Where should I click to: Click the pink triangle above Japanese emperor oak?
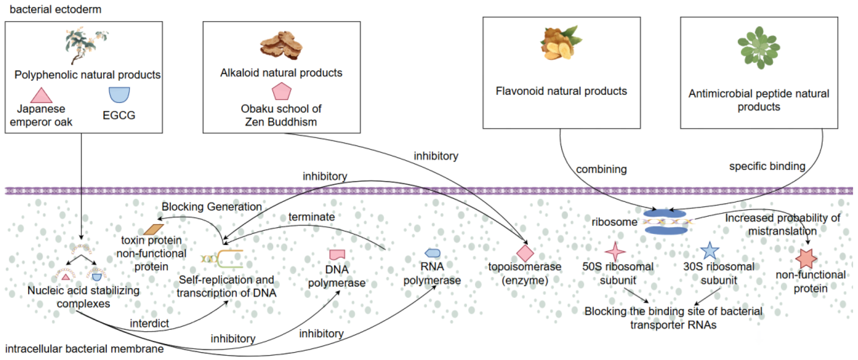coord(41,96)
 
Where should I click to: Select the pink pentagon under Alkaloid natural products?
coord(282,92)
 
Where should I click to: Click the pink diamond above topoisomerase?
coord(525,253)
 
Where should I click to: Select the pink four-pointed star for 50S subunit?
coord(615,251)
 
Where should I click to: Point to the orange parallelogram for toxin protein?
coord(154,229)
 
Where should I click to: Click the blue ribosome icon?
coord(665,222)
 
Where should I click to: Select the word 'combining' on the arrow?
coord(601,169)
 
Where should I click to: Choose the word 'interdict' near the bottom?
coord(149,323)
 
